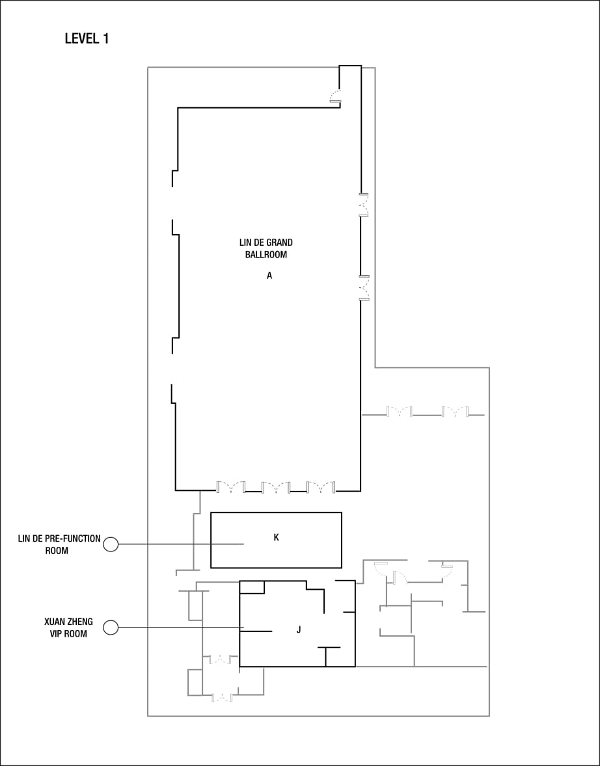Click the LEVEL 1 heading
pos(87,39)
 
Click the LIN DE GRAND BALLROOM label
pos(266,248)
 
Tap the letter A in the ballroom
pos(269,276)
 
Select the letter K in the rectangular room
pos(276,537)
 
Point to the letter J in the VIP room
pos(298,629)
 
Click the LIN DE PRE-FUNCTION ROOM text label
pos(59,544)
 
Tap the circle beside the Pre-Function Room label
pos(111,544)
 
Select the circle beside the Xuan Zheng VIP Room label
pos(111,627)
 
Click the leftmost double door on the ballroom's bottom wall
pos(230,486)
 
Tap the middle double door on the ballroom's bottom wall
pos(275,486)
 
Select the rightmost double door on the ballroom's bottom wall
pos(320,486)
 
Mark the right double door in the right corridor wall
pos(454,412)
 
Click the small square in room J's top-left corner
pos(252,587)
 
